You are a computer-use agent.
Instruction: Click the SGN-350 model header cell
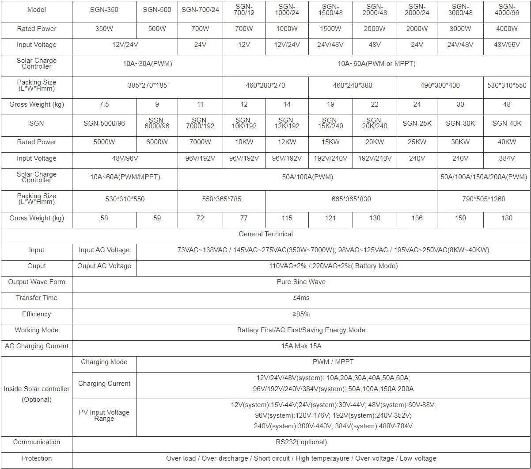[x=104, y=10]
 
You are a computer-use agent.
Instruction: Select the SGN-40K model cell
[x=507, y=123]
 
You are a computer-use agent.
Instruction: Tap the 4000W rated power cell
[x=507, y=29]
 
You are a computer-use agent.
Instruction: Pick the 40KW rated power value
[x=507, y=142]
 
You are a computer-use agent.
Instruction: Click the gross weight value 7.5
[x=104, y=104]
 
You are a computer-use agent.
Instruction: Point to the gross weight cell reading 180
[x=507, y=218]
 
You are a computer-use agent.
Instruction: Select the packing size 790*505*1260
[x=483, y=199]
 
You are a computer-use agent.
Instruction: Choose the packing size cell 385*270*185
[x=147, y=85]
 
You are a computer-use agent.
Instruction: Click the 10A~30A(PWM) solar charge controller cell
[x=147, y=64]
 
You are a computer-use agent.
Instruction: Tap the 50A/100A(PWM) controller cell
[x=307, y=177]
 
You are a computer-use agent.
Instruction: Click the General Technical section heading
[x=265, y=234]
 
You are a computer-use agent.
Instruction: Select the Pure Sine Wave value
[x=301, y=282]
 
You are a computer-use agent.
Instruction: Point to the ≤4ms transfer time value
[x=301, y=298]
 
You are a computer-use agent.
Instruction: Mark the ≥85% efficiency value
[x=301, y=314]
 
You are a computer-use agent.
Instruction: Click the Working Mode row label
[x=36, y=330]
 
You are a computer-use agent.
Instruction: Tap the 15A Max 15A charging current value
[x=301, y=346]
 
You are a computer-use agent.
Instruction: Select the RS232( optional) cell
[x=301, y=442]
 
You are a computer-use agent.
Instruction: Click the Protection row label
[x=36, y=458]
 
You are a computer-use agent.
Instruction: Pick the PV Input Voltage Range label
[x=104, y=415]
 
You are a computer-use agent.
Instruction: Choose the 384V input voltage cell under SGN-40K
[x=507, y=158]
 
